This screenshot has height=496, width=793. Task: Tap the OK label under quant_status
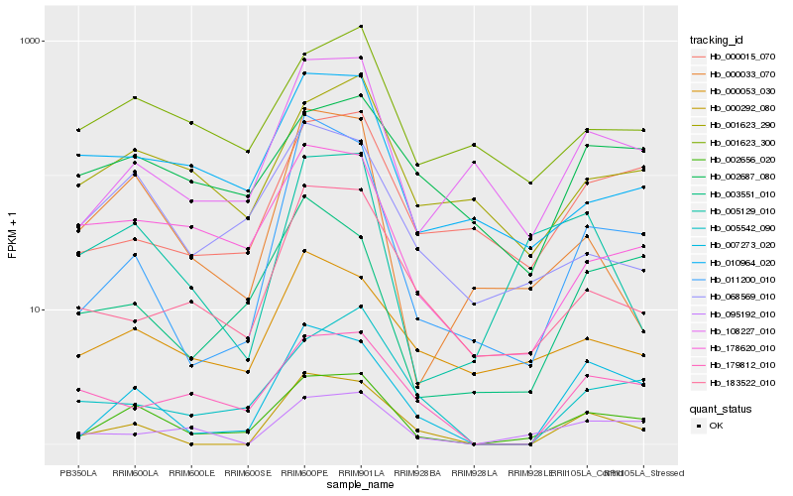(716, 425)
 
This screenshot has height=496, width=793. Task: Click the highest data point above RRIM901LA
(361, 26)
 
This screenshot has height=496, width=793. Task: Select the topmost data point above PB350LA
(78, 130)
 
